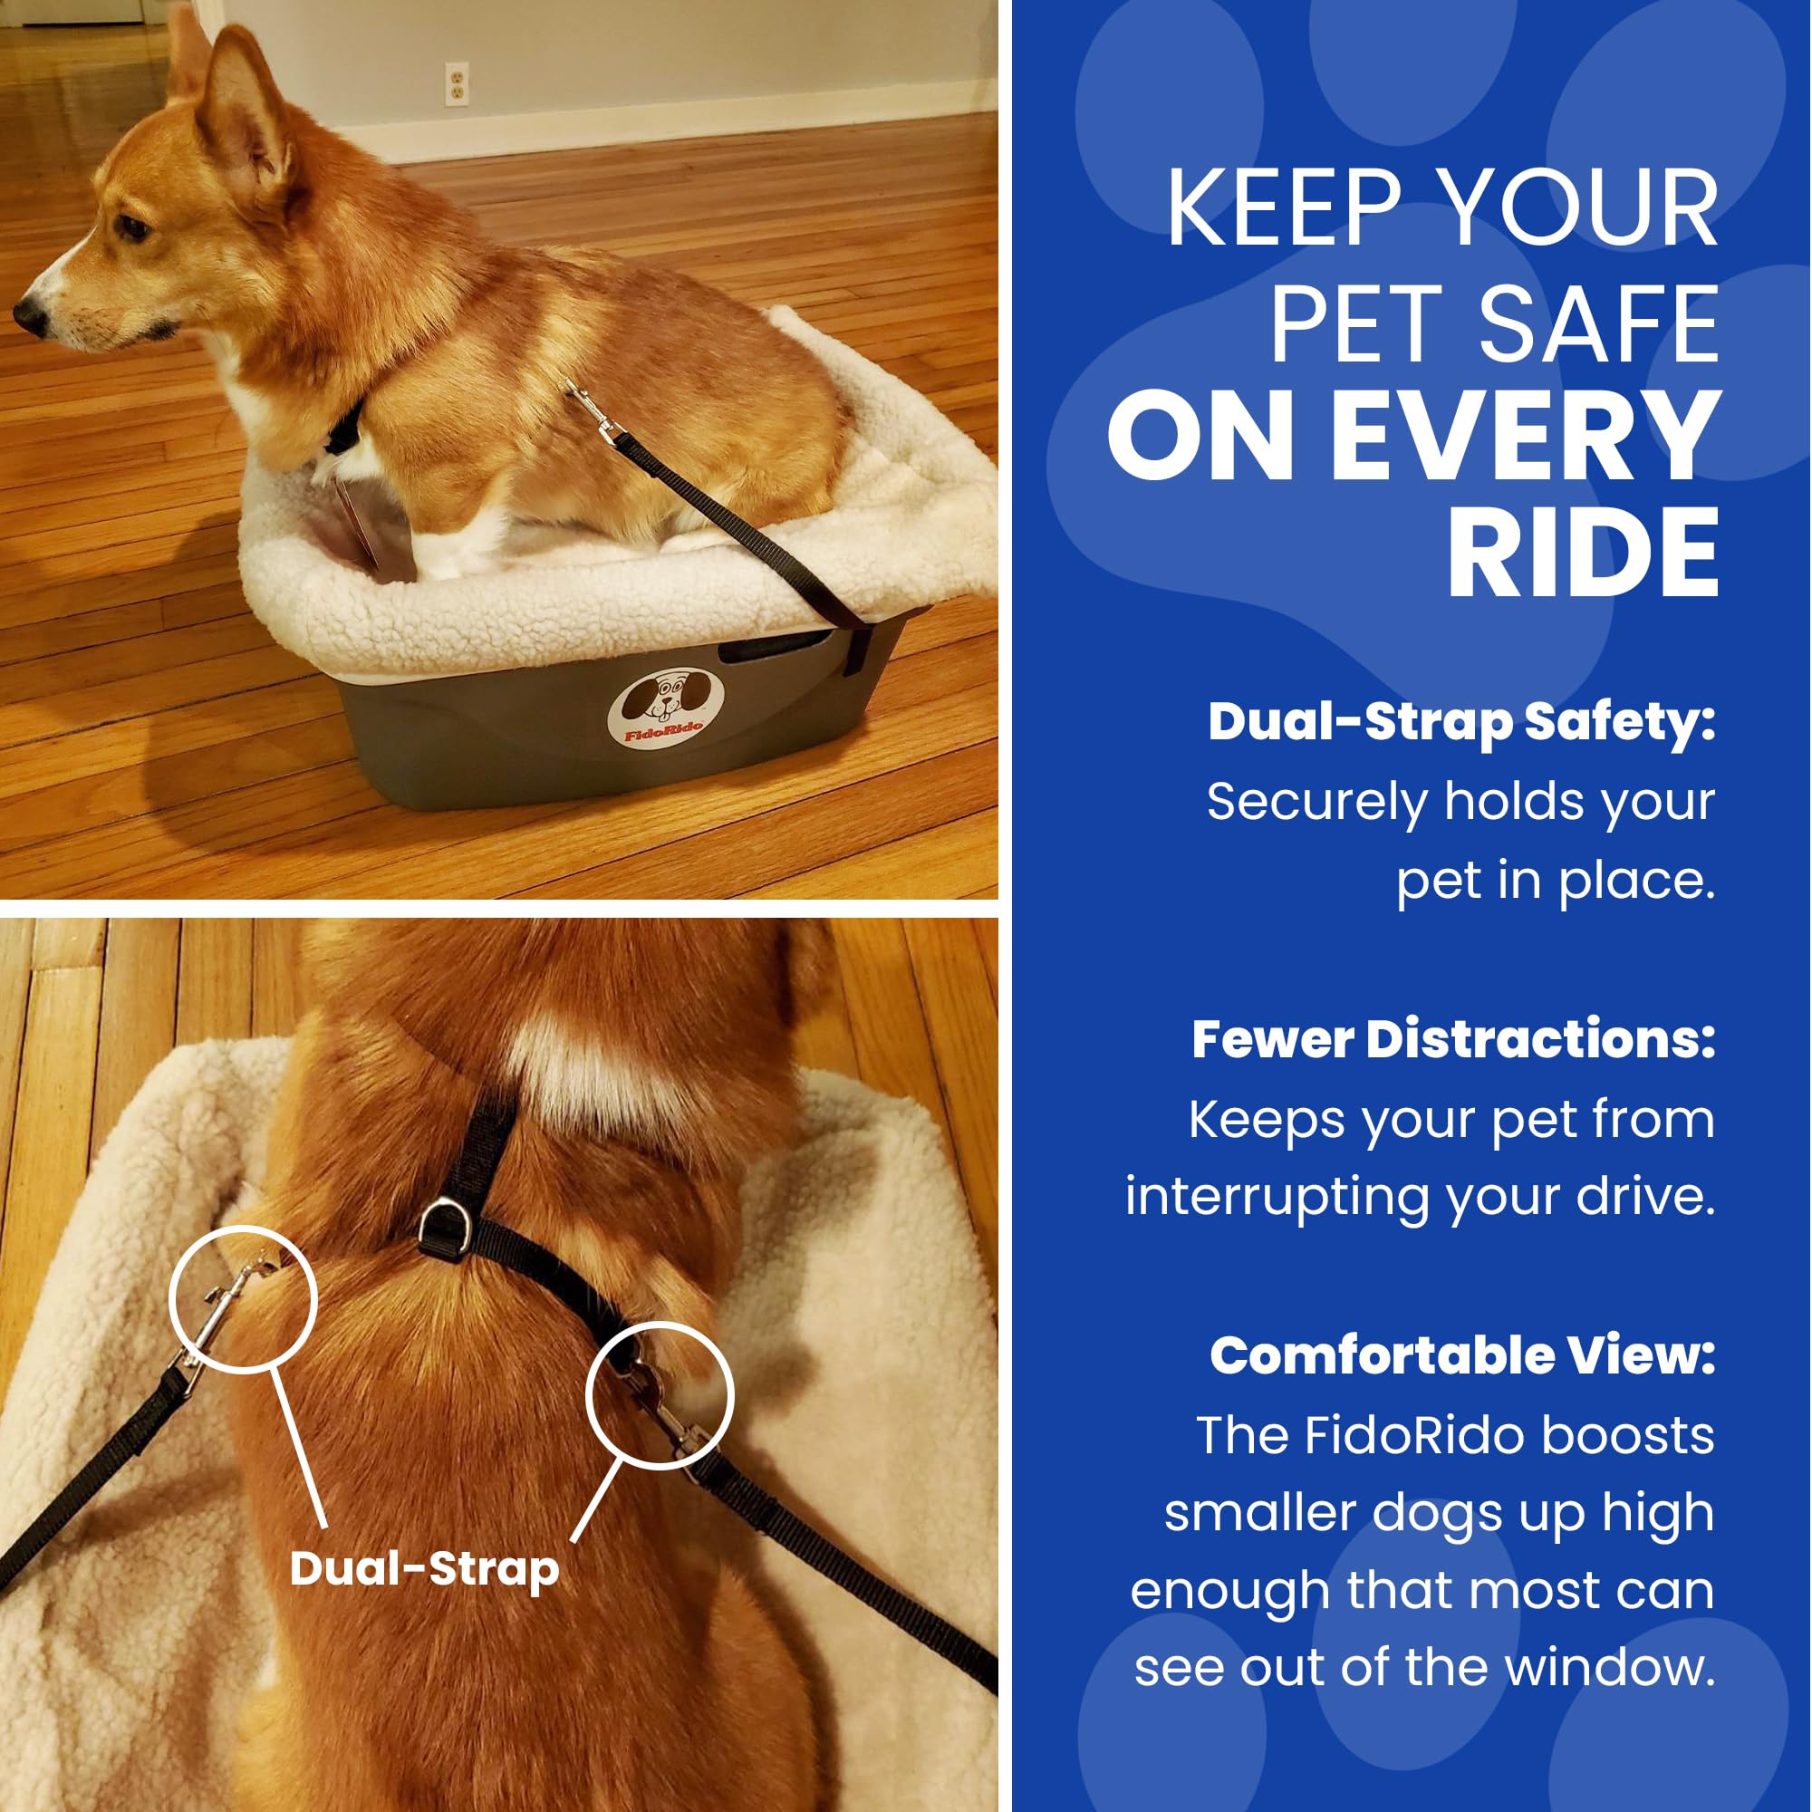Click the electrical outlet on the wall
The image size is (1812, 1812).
[456, 84]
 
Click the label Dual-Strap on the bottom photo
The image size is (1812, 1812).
[424, 1569]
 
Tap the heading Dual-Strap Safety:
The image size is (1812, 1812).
[1461, 722]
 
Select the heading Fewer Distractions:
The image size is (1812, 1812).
[1453, 1039]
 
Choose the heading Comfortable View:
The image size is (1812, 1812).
[1462, 1356]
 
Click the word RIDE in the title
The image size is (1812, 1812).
[1583, 554]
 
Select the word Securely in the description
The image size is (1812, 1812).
[1316, 803]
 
